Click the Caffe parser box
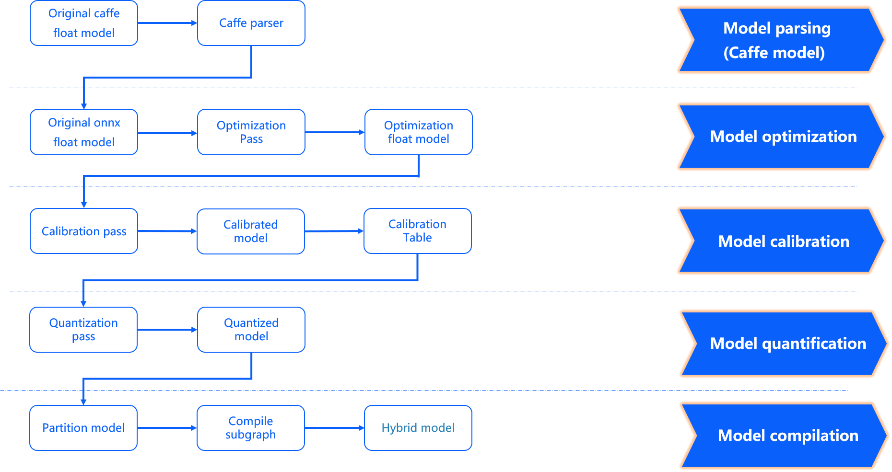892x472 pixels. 251,23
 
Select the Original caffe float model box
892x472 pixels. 84,23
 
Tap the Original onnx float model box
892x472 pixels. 84,132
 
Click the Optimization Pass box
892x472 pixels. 251,132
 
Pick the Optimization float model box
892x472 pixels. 418,132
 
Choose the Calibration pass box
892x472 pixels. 84,231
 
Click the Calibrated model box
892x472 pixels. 250,231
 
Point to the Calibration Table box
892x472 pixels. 417,231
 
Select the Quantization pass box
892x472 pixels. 83,330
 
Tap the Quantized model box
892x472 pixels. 251,330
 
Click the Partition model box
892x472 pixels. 83,428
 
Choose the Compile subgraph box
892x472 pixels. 250,428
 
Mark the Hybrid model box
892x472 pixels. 418,428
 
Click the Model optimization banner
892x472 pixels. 783,137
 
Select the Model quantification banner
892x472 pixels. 787,344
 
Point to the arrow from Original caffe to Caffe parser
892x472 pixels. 167,23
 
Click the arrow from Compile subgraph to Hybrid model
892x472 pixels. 334,428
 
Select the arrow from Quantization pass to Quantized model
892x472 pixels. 167,330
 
